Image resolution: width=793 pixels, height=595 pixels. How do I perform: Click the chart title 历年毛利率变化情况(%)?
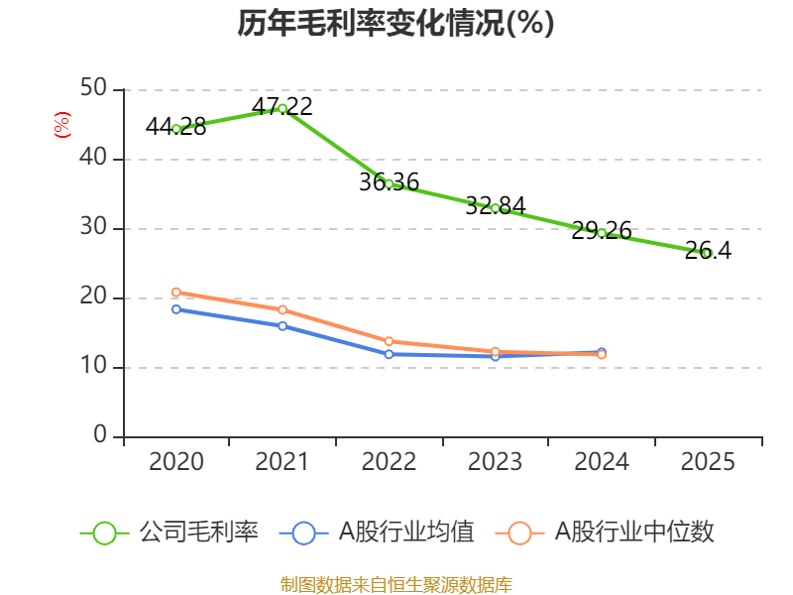point(396,24)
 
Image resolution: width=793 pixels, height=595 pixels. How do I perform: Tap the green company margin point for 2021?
point(283,108)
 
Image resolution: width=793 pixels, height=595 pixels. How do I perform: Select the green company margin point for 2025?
point(707,253)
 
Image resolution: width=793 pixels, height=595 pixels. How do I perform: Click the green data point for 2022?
point(389,183)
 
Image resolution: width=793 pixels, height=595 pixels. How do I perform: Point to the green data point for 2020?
point(176,129)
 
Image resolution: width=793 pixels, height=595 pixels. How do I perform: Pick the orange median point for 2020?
point(176,292)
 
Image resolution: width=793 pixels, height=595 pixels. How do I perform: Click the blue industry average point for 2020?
point(176,309)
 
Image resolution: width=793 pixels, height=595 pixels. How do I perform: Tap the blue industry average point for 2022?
point(389,354)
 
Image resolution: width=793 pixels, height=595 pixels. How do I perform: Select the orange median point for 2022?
point(389,341)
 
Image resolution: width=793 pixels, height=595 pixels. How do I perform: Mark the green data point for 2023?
point(495,208)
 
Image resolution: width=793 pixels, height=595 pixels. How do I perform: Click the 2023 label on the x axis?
point(495,462)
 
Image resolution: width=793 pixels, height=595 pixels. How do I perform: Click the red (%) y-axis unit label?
point(61,126)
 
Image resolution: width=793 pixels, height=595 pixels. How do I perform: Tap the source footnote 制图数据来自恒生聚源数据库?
point(396,584)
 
